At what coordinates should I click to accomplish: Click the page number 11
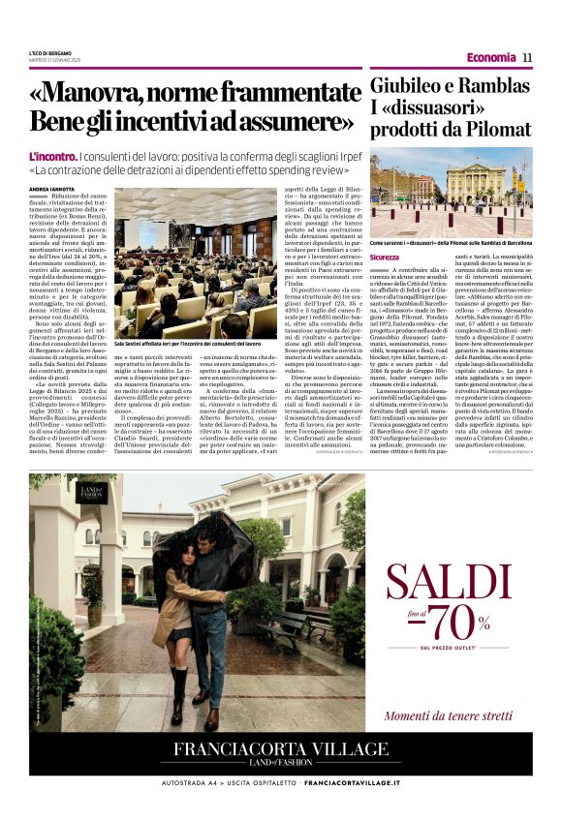[x=527, y=57]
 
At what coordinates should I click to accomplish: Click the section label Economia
[x=490, y=57]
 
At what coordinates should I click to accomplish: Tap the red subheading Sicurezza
[x=384, y=258]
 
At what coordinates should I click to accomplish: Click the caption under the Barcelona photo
[x=451, y=243]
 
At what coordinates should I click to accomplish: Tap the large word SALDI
[x=449, y=582]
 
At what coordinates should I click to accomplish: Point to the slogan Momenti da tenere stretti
[x=448, y=715]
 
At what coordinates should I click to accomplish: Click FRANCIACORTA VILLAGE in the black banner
[x=281, y=748]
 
